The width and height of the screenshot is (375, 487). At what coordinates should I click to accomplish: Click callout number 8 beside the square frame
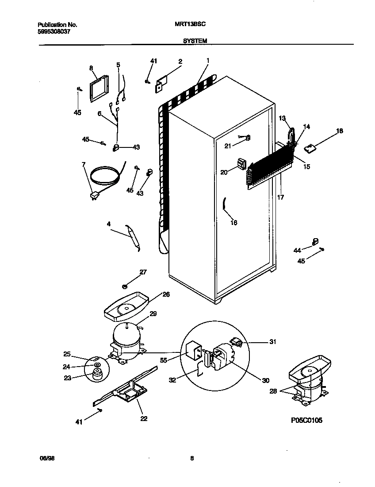coord(92,68)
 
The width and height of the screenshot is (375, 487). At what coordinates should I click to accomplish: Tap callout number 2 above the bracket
coord(180,62)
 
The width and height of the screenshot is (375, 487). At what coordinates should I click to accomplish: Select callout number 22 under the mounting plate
coord(144,418)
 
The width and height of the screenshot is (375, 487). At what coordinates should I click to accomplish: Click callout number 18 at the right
coord(339,131)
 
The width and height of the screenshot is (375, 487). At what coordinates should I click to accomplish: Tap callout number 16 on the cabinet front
coord(233,223)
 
